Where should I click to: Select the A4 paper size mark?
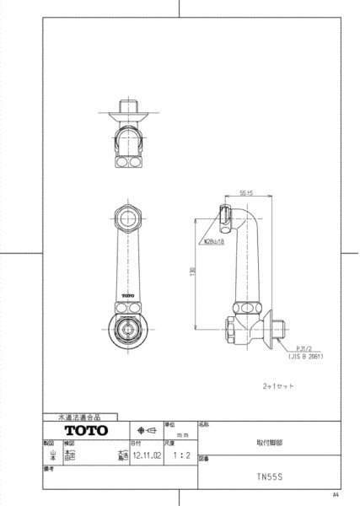point(335,495)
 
